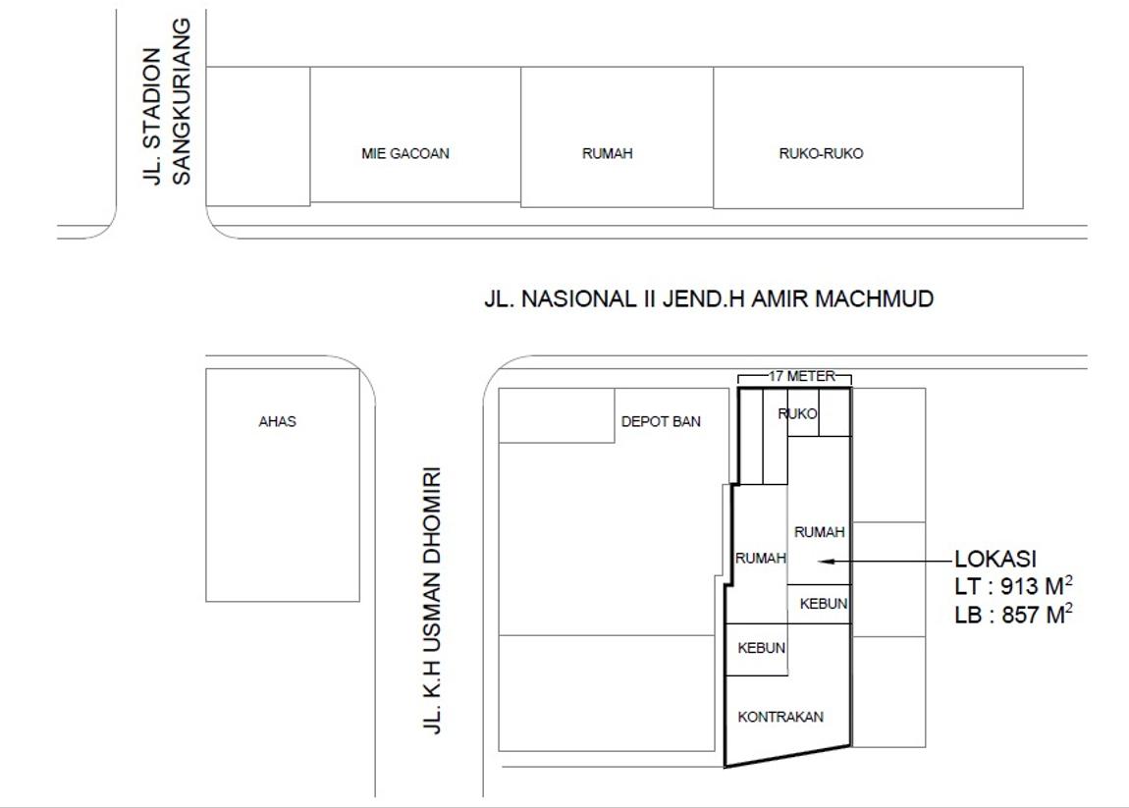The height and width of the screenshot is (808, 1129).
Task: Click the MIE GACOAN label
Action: pos(405,153)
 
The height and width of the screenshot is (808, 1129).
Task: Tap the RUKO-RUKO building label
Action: pos(821,153)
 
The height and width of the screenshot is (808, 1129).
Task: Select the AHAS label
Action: pos(277,421)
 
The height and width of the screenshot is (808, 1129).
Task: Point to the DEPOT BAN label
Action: pos(661,421)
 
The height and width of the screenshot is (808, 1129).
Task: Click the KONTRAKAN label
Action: pos(780,717)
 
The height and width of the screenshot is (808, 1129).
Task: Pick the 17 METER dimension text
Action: pos(802,376)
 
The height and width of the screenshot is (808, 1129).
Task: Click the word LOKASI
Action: pos(995,559)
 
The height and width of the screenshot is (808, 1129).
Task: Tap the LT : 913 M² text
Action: pos(1014,586)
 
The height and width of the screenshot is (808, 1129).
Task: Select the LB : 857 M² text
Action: pos(1014,615)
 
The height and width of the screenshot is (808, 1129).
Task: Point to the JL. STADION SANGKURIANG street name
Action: pos(167,101)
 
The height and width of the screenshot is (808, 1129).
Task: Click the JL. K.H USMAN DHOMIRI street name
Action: pos(431,601)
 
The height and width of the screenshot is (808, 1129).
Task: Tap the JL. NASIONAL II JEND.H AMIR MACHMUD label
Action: pos(709,298)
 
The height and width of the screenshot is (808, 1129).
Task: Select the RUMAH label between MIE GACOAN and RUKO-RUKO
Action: pos(608,153)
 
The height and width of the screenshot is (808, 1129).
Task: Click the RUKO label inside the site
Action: pos(798,414)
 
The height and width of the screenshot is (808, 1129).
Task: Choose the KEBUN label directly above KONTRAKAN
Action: pos(762,648)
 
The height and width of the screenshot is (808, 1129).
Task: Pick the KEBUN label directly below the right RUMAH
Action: pos(824,604)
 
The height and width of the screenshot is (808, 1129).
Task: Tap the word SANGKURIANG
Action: pos(182,101)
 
